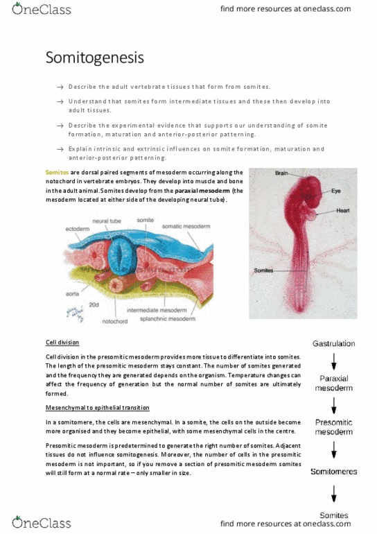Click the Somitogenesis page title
click(x=95, y=58)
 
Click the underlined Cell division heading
click(x=62, y=343)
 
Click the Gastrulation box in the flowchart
click(x=334, y=343)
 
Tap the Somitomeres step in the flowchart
click(x=333, y=472)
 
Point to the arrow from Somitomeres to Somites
click(x=333, y=494)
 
